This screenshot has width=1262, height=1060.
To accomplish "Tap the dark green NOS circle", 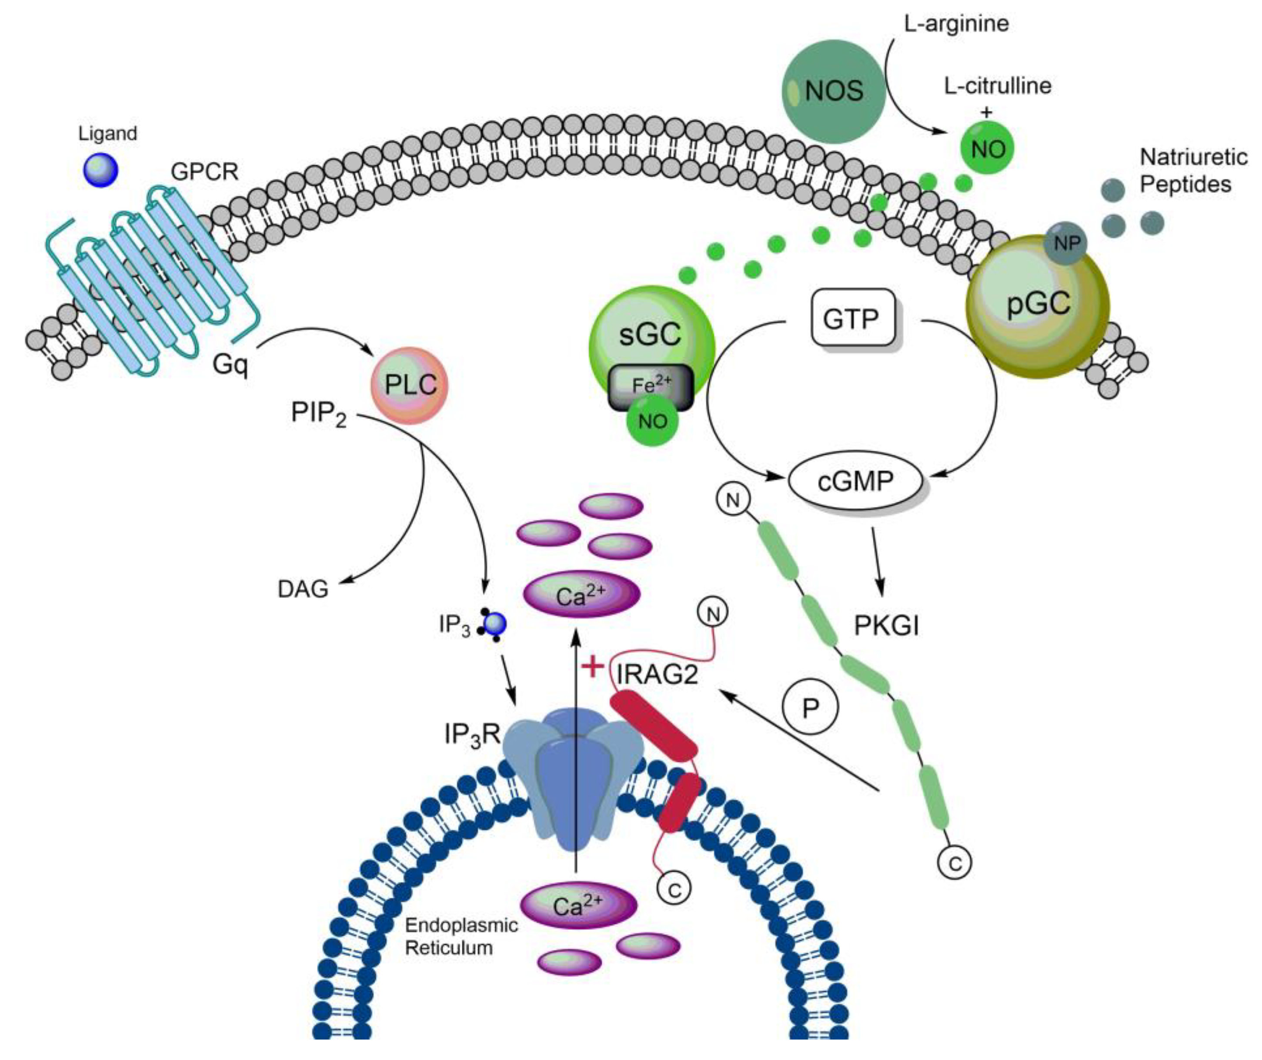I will (x=834, y=91).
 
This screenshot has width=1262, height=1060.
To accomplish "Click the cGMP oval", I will (x=855, y=481).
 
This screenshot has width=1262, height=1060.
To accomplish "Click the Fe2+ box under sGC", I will (x=651, y=386).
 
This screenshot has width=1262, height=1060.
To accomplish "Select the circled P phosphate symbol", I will (x=810, y=708).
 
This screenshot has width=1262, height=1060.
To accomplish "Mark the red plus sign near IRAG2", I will (x=593, y=667).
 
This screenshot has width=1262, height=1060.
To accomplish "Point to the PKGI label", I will (x=886, y=626).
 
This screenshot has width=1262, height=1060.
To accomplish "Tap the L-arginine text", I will (x=956, y=24).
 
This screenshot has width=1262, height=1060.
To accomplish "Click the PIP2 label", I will (x=318, y=414).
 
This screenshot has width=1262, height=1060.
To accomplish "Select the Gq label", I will (x=230, y=364).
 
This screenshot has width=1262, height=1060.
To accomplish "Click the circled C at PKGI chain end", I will (x=954, y=863).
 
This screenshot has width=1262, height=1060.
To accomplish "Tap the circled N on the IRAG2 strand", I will (x=713, y=613).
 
